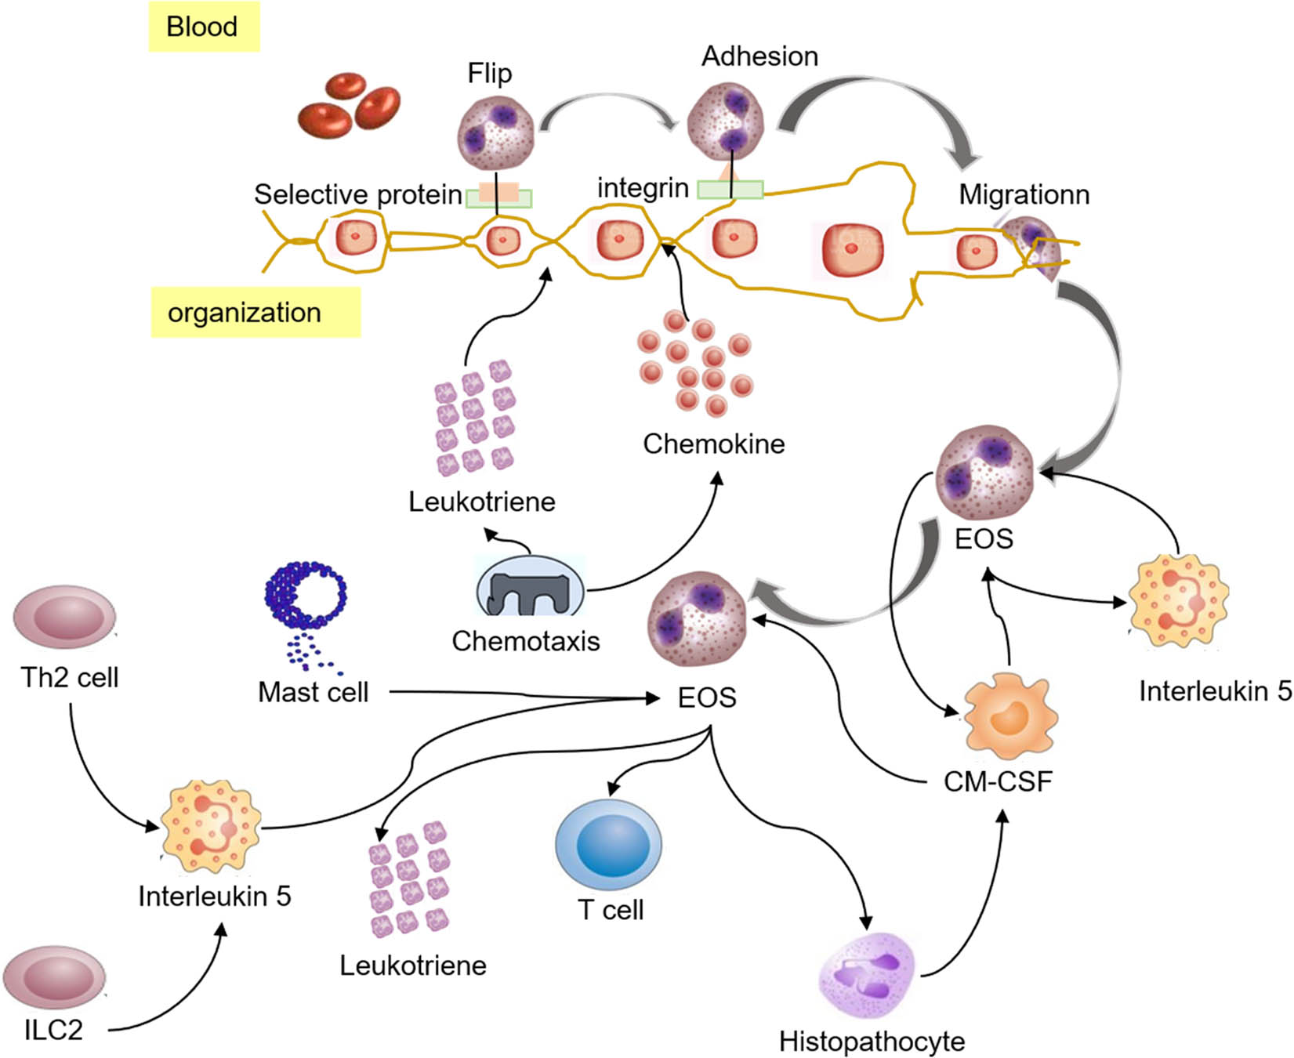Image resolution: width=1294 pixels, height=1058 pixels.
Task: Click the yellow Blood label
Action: [203, 27]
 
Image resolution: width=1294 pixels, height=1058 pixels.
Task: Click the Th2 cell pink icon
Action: [64, 617]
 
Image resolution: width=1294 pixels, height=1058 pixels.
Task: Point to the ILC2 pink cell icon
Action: [55, 976]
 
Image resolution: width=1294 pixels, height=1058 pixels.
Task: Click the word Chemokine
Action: [713, 444]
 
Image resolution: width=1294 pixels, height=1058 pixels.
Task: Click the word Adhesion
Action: [759, 56]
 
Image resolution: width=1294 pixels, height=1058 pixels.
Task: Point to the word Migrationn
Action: [1024, 194]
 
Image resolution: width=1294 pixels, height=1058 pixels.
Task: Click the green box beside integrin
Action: [730, 190]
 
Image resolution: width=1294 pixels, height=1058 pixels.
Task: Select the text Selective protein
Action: [357, 194]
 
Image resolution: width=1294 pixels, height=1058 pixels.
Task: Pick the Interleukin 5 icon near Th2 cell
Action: [210, 828]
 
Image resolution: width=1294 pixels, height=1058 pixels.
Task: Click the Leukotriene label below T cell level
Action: [412, 966]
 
